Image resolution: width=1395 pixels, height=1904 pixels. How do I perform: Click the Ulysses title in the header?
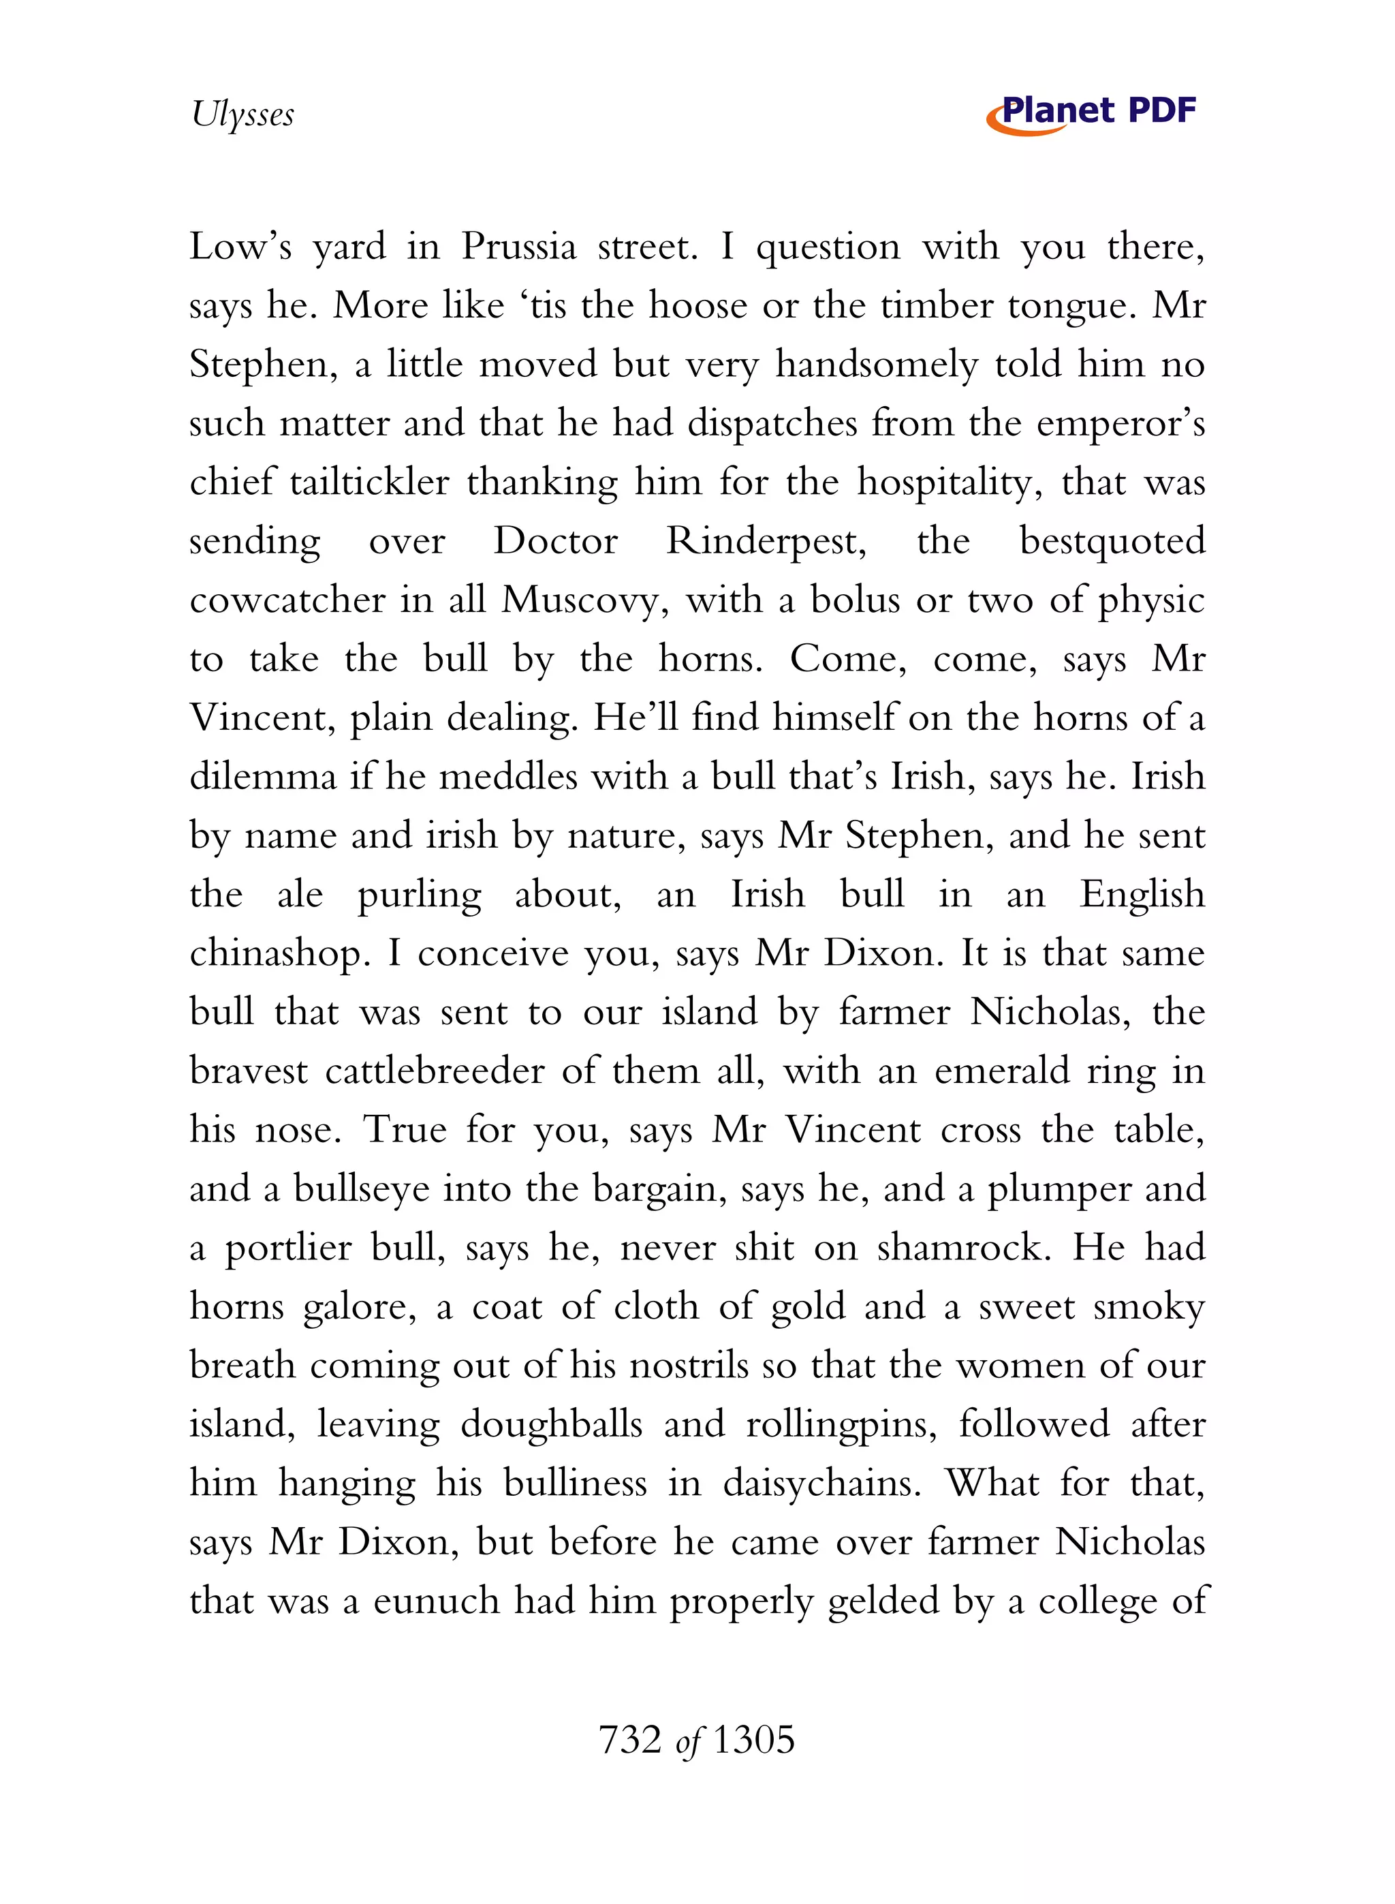(243, 114)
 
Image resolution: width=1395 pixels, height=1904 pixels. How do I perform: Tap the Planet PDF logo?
(1092, 113)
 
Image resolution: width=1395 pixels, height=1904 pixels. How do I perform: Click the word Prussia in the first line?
(518, 247)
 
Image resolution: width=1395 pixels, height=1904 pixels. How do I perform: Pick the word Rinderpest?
(766, 542)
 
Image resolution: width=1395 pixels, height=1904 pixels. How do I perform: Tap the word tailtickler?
(369, 482)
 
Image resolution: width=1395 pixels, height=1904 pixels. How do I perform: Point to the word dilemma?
(263, 777)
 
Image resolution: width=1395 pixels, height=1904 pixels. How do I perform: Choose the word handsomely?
(877, 365)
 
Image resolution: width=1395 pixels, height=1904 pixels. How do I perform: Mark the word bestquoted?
(1112, 542)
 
